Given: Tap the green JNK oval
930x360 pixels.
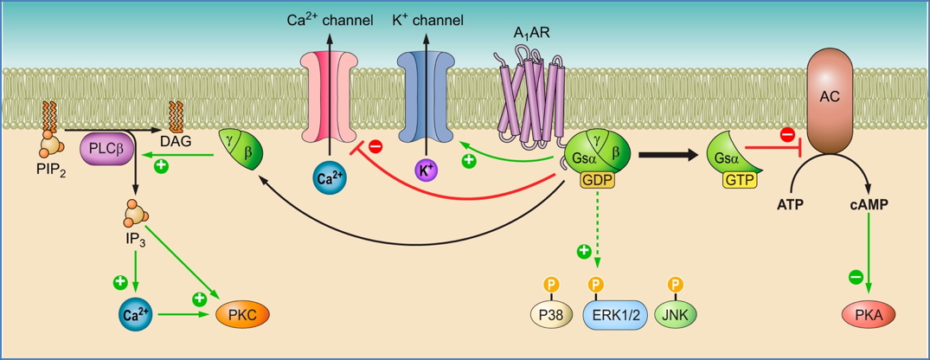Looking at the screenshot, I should tap(676, 315).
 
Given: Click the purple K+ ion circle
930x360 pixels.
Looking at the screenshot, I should tap(425, 170).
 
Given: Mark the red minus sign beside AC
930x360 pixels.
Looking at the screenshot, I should tap(787, 134).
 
